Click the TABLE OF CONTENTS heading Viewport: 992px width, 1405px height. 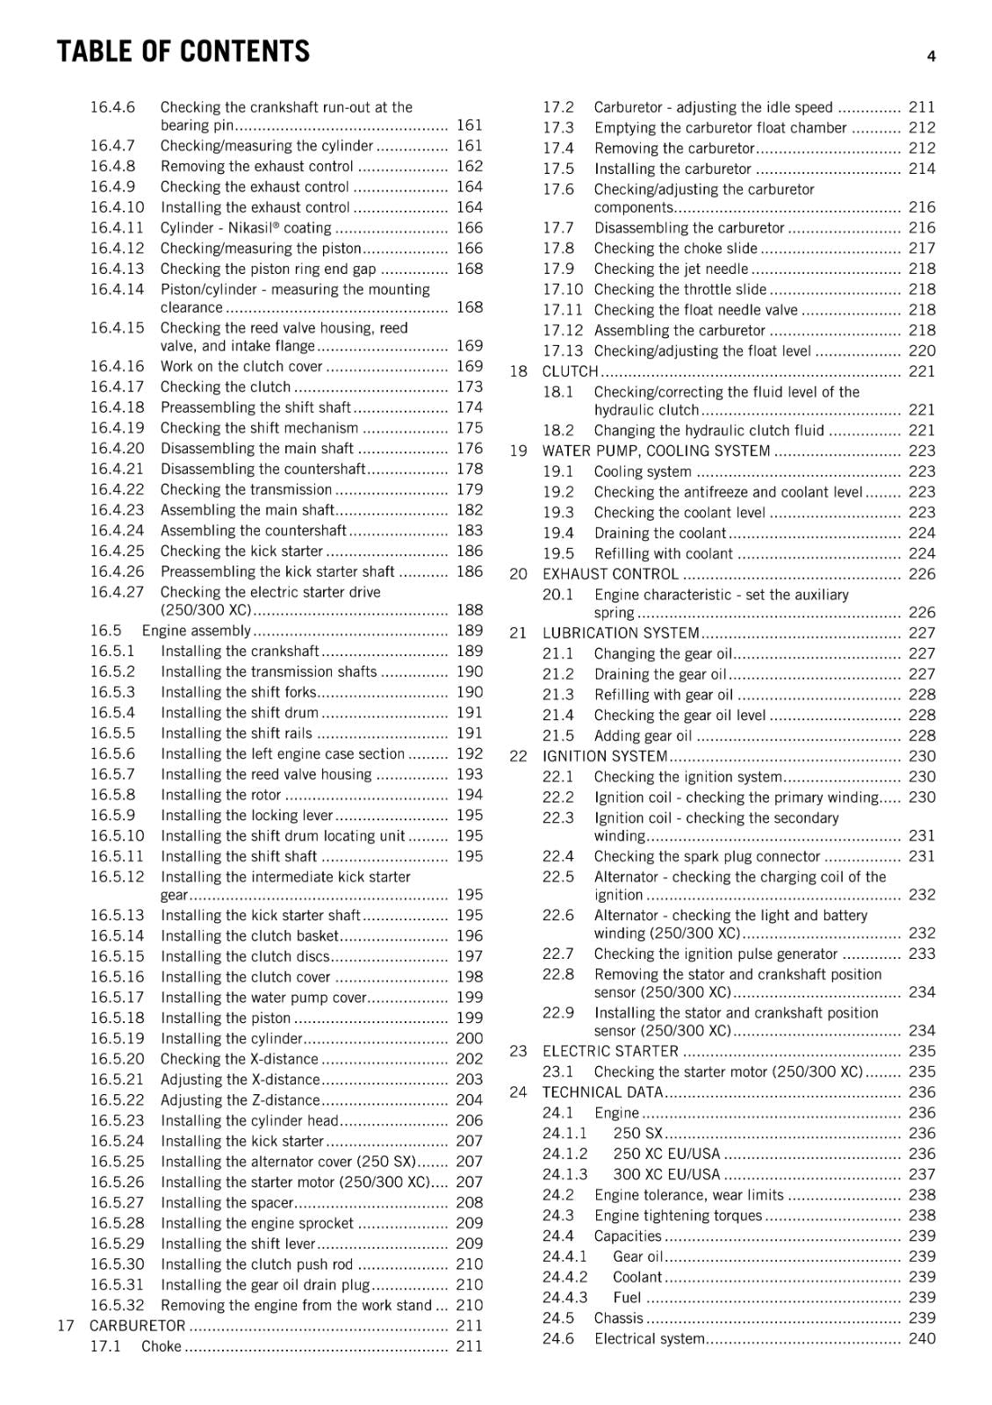(x=183, y=52)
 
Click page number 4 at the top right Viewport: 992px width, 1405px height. (x=931, y=56)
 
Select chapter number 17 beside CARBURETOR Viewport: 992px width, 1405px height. (x=66, y=1325)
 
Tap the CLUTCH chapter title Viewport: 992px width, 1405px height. (x=570, y=371)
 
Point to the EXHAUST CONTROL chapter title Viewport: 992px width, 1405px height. (x=610, y=574)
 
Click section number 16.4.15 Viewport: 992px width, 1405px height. (x=117, y=328)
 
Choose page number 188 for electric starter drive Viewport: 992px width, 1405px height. (x=470, y=609)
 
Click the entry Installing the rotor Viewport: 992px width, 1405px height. (x=221, y=795)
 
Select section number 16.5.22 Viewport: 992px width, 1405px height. (x=117, y=1099)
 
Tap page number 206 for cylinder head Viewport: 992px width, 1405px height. (x=470, y=1120)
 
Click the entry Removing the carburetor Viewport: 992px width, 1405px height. (x=674, y=148)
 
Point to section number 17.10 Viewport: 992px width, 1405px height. (x=562, y=289)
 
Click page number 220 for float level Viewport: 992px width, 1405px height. (x=922, y=350)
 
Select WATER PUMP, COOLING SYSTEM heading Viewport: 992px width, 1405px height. (x=656, y=450)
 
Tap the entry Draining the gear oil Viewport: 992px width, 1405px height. (x=660, y=674)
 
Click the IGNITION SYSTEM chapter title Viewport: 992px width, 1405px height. (x=605, y=756)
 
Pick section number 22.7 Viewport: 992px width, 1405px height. (x=558, y=954)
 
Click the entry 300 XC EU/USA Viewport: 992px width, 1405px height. (x=666, y=1174)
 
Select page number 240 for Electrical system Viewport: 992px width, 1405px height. (x=922, y=1338)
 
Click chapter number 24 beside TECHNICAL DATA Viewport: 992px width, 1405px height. (x=518, y=1092)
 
